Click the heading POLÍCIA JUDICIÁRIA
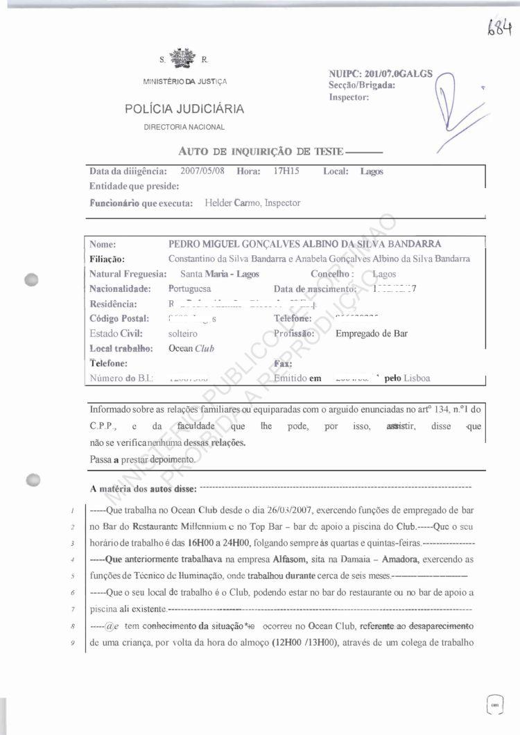(x=184, y=109)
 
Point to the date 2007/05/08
(x=202, y=171)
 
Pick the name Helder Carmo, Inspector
(x=253, y=203)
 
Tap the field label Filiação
(x=107, y=259)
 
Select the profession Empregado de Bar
(x=371, y=333)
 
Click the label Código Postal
(x=119, y=318)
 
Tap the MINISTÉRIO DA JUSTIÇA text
(x=185, y=82)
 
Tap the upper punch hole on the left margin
(x=31, y=280)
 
